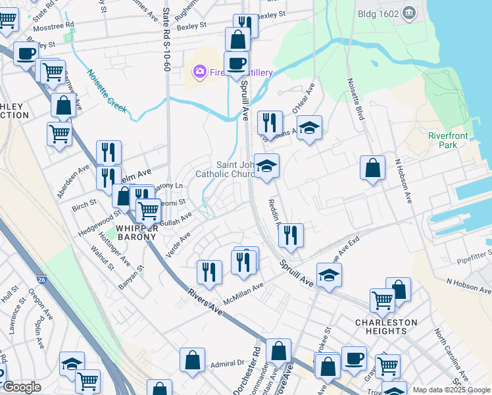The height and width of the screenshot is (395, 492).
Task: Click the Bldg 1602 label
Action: click(x=377, y=13)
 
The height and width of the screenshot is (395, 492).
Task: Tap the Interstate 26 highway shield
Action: click(x=42, y=280)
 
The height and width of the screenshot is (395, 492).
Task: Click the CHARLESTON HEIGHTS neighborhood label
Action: click(x=385, y=327)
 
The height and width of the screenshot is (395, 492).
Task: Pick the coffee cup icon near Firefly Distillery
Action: click(x=236, y=63)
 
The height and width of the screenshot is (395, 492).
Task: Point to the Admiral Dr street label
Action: click(x=228, y=363)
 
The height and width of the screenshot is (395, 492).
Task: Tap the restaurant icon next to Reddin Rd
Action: click(x=291, y=235)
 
